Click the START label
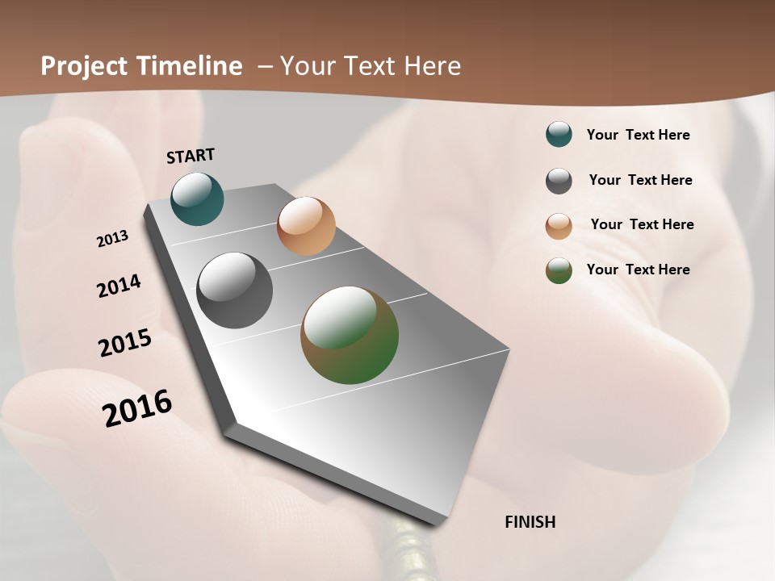click(x=191, y=156)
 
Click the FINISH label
click(x=530, y=522)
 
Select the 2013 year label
click(x=112, y=239)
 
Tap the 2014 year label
click(x=119, y=286)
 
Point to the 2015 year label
click(x=125, y=343)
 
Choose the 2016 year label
click(x=137, y=408)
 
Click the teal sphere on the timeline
click(x=197, y=199)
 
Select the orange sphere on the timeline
click(x=306, y=226)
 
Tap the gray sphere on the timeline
click(x=234, y=290)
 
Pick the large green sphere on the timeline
click(x=350, y=335)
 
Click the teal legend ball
click(x=559, y=135)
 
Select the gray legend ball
click(x=559, y=181)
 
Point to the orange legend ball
click(x=559, y=226)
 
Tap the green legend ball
click(x=559, y=270)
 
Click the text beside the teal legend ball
click(x=638, y=135)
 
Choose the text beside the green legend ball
click(x=638, y=270)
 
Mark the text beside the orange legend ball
click(x=642, y=224)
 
